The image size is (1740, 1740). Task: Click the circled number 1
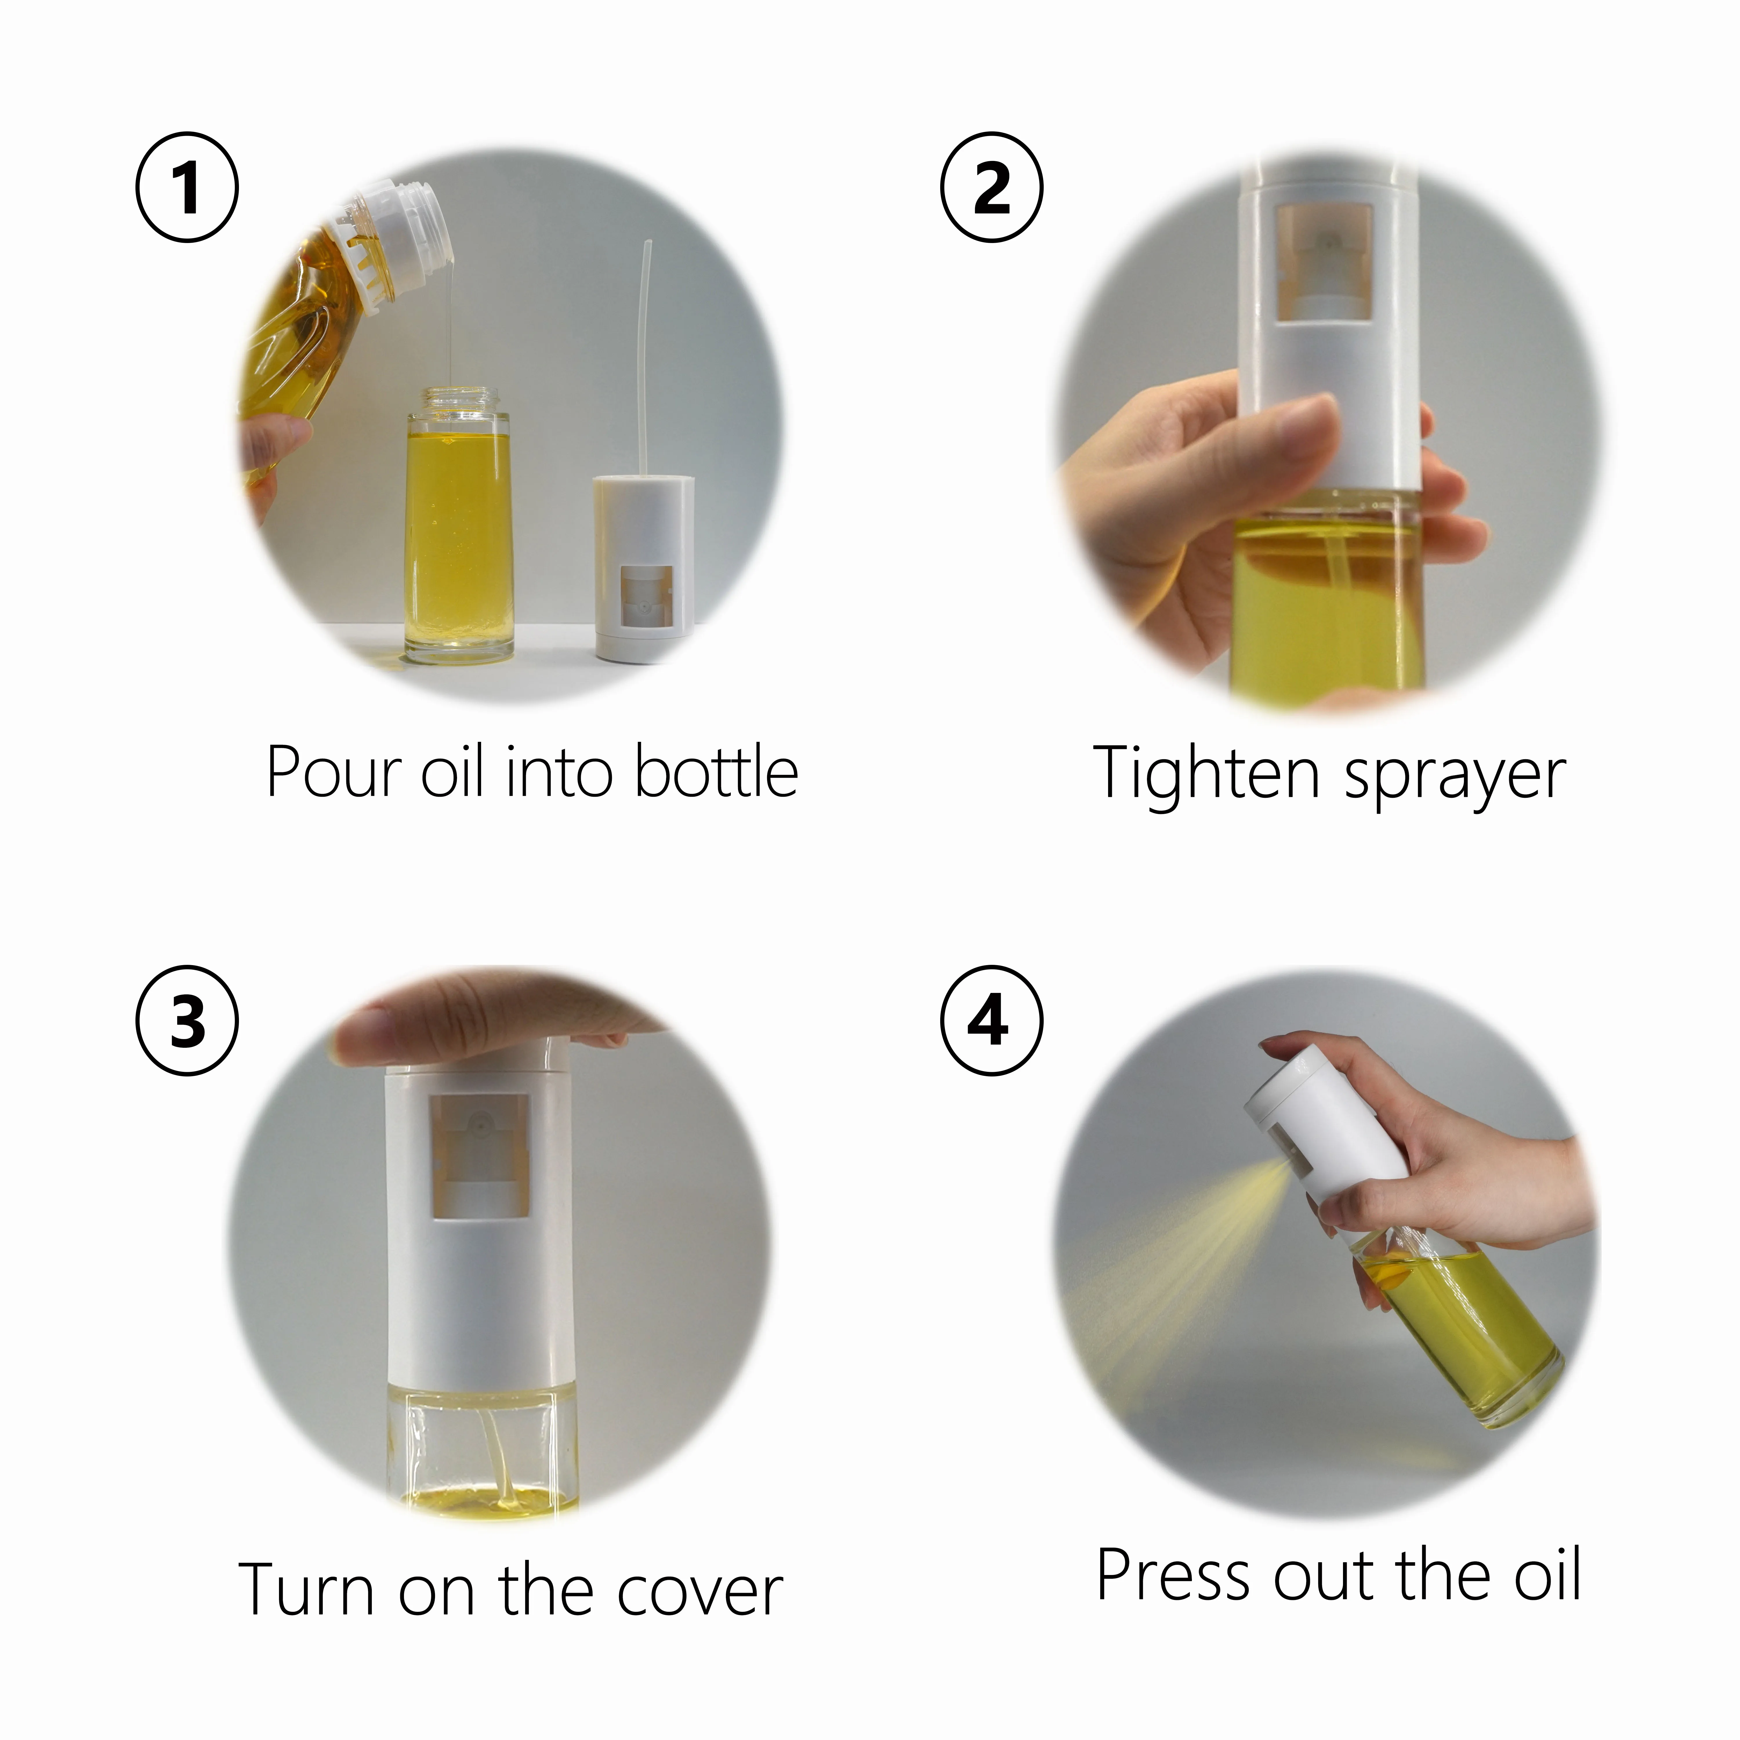click(187, 187)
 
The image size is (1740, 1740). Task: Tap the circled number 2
click(992, 187)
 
